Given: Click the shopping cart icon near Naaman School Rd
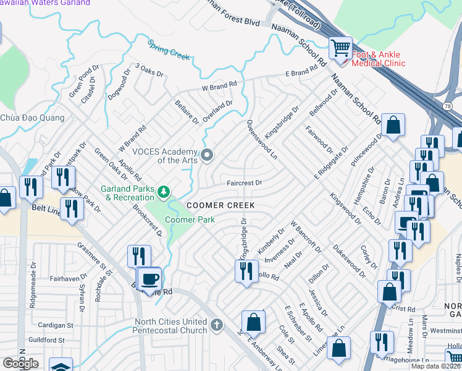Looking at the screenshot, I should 340,47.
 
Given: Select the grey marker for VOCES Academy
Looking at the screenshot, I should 207,155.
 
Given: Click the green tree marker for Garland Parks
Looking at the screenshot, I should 163,192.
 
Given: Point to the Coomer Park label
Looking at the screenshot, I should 189,220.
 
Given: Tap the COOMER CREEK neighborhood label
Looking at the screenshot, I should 220,205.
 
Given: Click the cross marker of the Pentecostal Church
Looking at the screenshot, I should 216,325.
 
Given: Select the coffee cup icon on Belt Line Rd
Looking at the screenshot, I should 149,279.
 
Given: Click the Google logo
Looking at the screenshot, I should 20,364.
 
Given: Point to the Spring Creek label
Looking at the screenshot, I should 169,49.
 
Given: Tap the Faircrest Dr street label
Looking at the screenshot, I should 245,183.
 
